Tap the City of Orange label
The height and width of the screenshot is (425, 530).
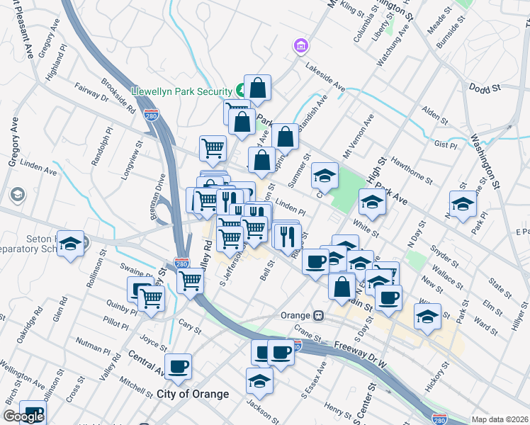[x=193, y=394]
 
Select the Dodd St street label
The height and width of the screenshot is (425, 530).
[x=485, y=87]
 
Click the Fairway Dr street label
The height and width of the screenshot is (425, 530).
[x=90, y=96]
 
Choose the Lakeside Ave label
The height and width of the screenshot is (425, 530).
[x=325, y=77]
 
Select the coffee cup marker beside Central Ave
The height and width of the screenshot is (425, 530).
[x=179, y=366]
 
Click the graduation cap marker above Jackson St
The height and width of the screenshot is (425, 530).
[x=259, y=380]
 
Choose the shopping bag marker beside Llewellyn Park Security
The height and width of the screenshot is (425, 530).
[x=257, y=88]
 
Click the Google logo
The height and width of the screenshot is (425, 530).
[x=23, y=416]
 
